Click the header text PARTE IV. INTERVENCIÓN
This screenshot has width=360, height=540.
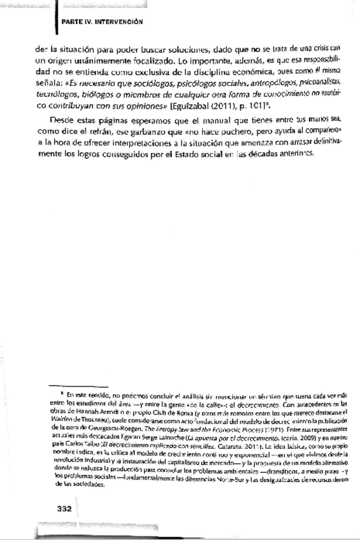101,20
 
